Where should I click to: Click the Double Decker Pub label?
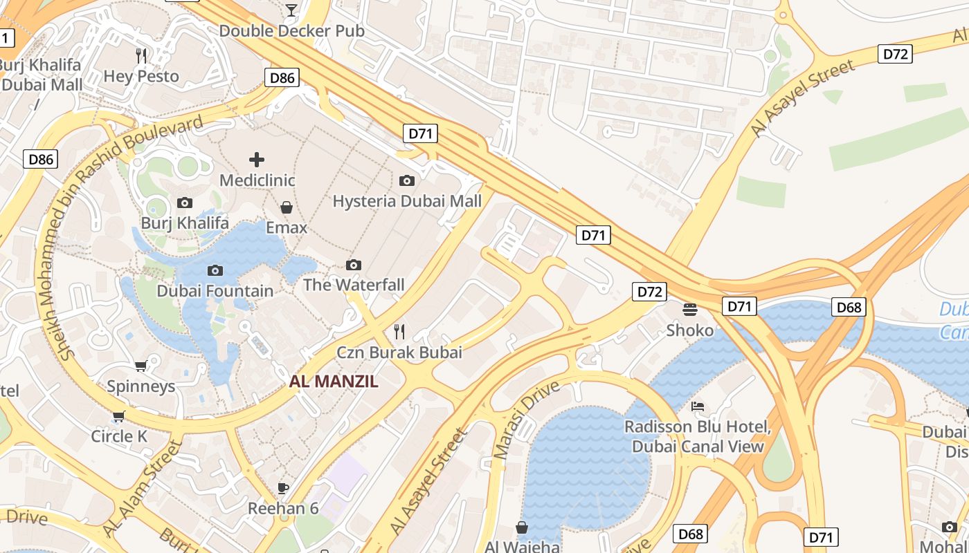(x=291, y=31)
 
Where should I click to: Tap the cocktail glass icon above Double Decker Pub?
(x=291, y=10)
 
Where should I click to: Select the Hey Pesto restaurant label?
(x=141, y=76)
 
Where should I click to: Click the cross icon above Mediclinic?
(x=257, y=160)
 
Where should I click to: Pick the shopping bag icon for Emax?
(x=286, y=207)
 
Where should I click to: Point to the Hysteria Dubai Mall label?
(x=407, y=201)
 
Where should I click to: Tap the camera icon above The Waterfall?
(x=354, y=265)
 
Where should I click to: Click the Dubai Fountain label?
(x=215, y=291)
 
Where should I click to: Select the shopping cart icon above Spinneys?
(x=141, y=366)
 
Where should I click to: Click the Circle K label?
(x=119, y=436)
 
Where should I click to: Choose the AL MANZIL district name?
(x=334, y=381)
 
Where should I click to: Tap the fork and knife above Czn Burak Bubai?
(x=399, y=331)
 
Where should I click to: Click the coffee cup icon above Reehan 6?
(x=282, y=488)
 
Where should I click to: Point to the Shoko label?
(x=689, y=330)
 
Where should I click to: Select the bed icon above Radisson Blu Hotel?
(x=698, y=406)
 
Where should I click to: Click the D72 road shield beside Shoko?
(x=649, y=292)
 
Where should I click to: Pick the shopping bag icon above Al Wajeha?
(x=522, y=527)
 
